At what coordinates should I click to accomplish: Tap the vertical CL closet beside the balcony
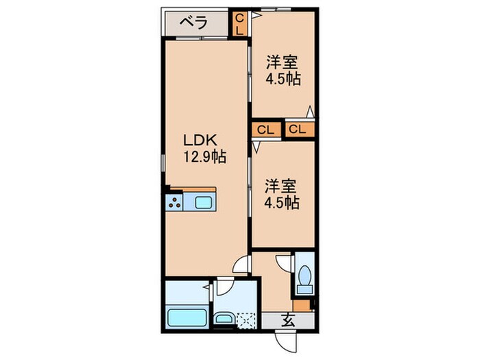(x=239, y=25)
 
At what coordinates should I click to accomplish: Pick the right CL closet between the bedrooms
(x=298, y=129)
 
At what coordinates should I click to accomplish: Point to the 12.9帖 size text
(x=204, y=157)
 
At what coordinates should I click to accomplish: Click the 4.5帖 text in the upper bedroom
(x=284, y=78)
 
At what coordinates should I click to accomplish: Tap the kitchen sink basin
(x=205, y=202)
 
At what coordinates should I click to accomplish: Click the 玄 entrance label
(x=288, y=319)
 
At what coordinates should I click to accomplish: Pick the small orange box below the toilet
(x=302, y=305)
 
